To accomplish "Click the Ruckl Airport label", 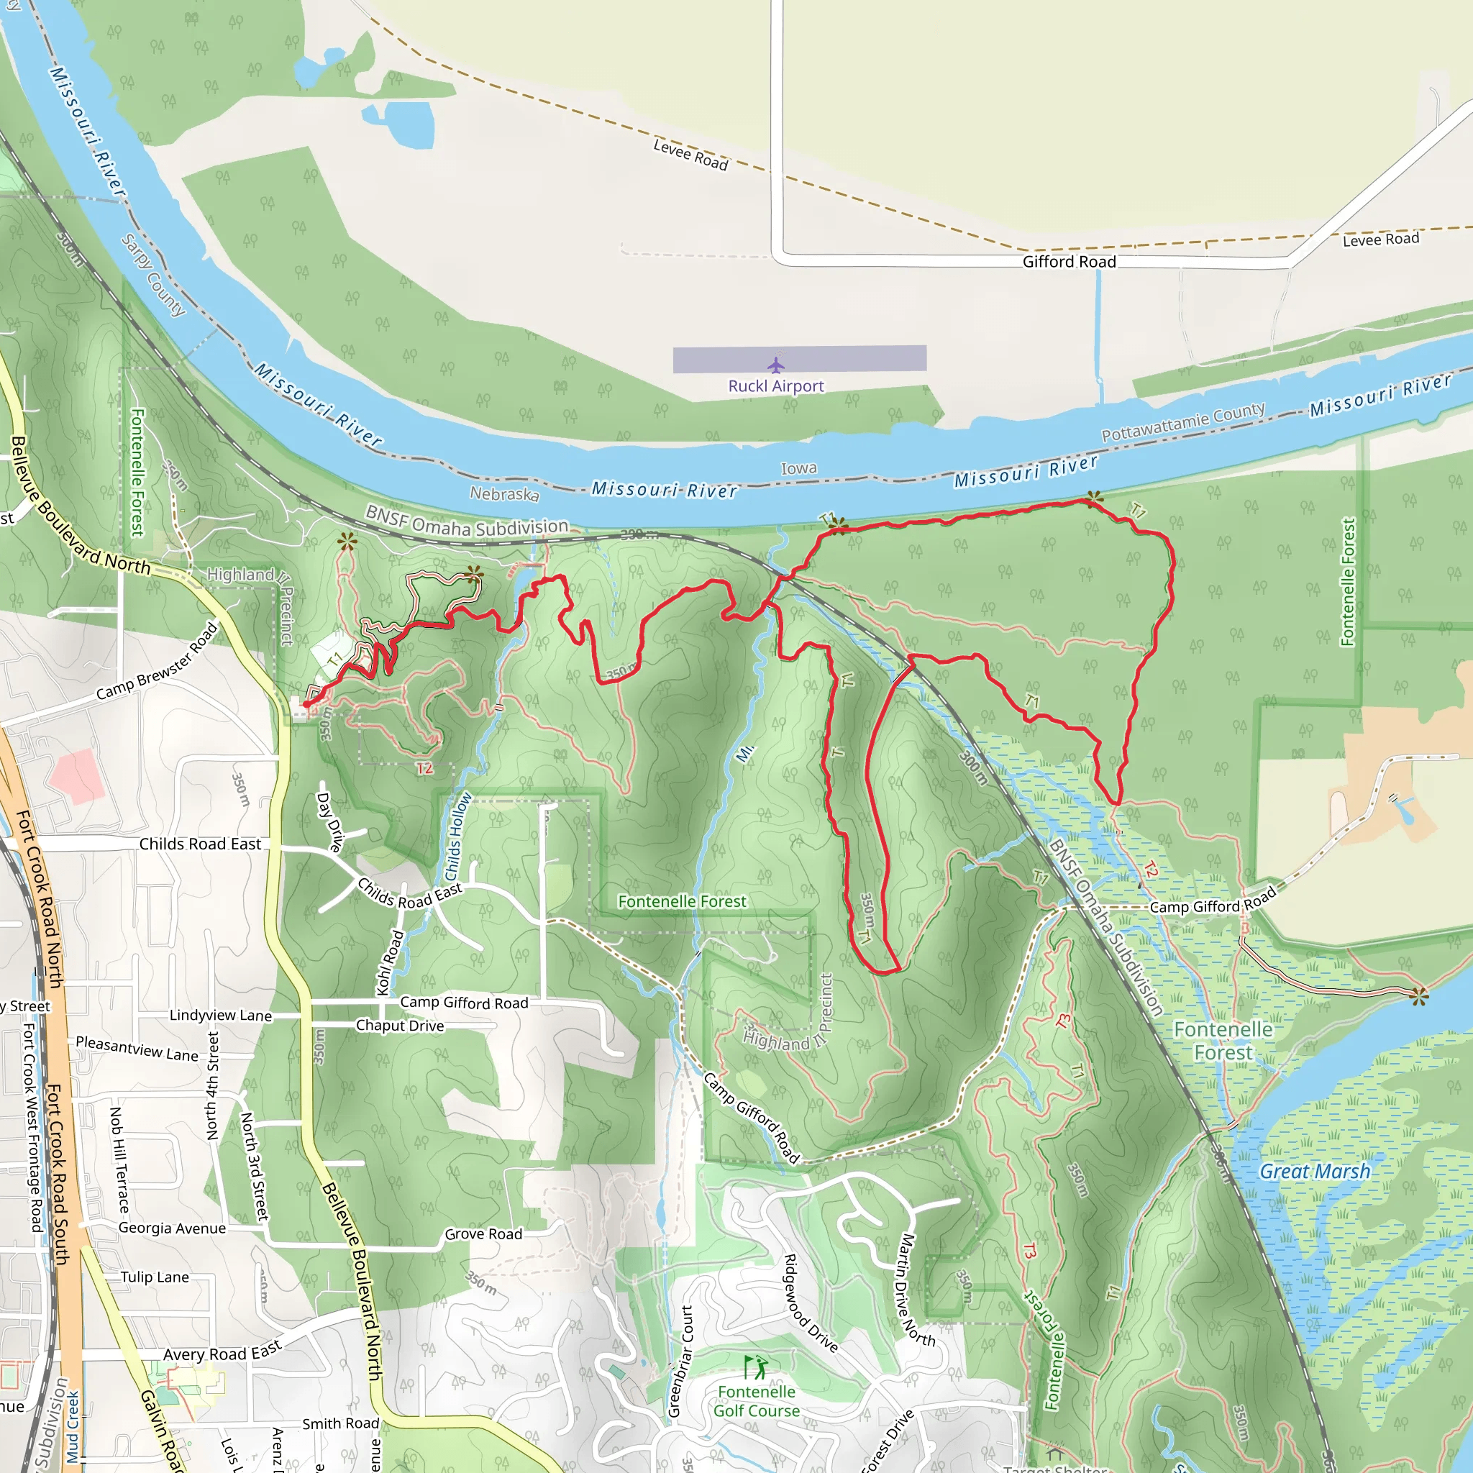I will tap(775, 386).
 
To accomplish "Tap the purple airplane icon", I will tap(775, 365).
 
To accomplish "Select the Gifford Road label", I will tap(1069, 262).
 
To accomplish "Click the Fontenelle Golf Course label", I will tap(757, 1400).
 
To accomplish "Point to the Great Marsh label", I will tap(1315, 1171).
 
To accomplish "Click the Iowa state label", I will tap(798, 468).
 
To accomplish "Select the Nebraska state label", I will tap(504, 493).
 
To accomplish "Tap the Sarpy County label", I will tap(154, 275).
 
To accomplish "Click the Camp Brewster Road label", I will tap(157, 662).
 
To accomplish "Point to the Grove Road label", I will tap(483, 1233).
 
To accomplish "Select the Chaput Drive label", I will tap(399, 1026).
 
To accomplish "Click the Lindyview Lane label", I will tap(220, 1015).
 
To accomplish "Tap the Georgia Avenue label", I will tap(172, 1228).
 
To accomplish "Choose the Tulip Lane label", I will tap(155, 1277).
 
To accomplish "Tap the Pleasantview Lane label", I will tap(137, 1049).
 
